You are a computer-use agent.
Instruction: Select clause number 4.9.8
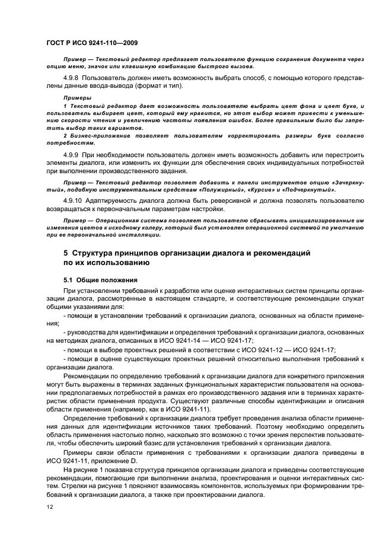[71, 78]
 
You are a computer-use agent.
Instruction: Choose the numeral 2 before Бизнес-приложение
[65, 136]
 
